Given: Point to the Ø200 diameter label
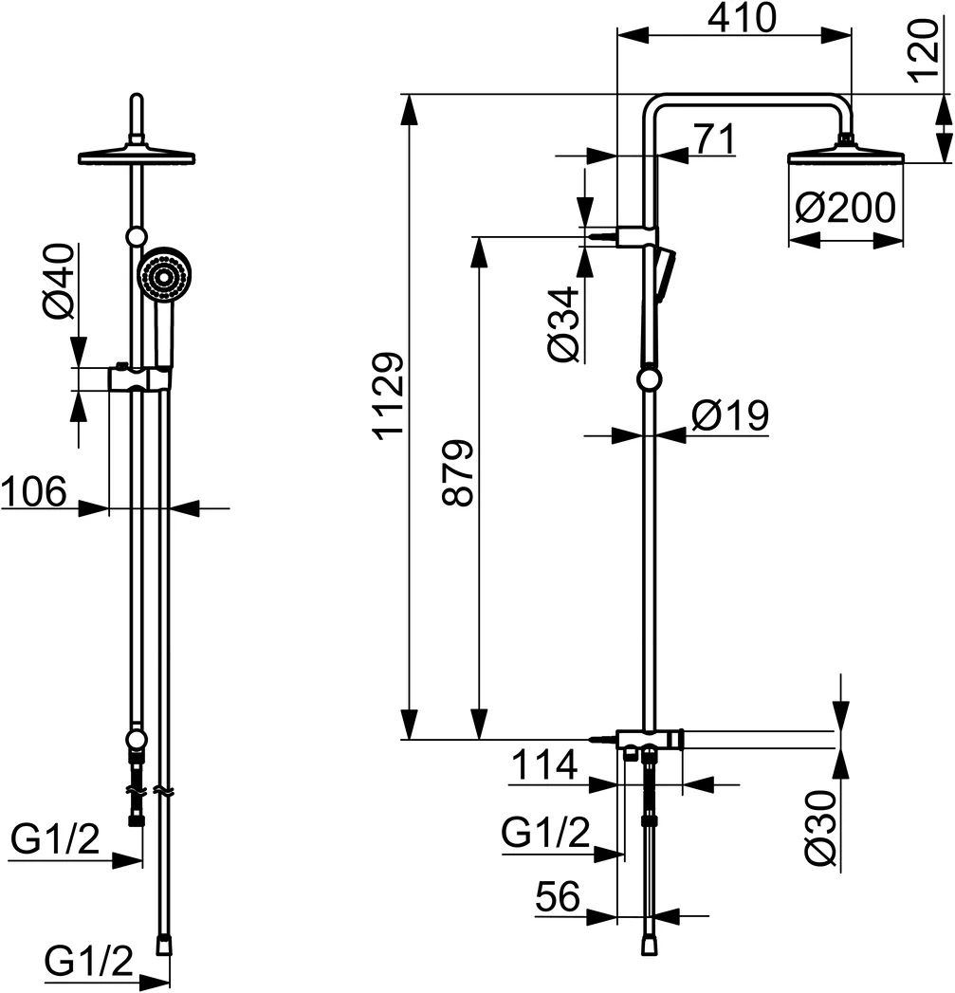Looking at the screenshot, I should (x=845, y=208).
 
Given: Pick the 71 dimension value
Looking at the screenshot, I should (x=714, y=139).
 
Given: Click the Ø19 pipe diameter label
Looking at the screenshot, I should (x=728, y=415).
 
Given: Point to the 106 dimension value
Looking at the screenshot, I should (x=33, y=492).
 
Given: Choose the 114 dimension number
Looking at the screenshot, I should (x=542, y=764).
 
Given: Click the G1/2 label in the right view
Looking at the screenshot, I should (x=545, y=834).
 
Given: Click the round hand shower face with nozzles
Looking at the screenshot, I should (x=165, y=276).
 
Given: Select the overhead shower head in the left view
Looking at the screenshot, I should (x=138, y=155).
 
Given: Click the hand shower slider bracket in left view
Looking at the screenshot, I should (x=139, y=378).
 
